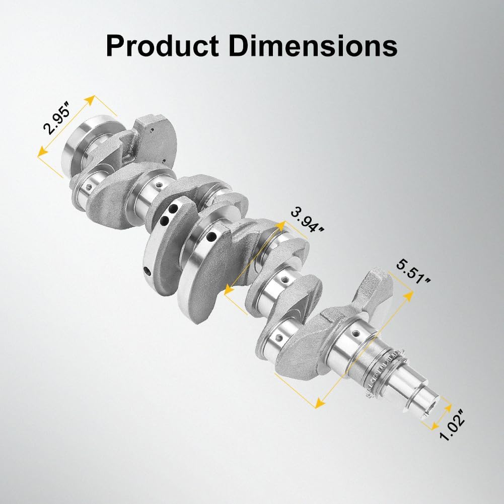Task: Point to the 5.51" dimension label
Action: coord(412,271)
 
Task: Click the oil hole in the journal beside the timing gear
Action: coord(356,333)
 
